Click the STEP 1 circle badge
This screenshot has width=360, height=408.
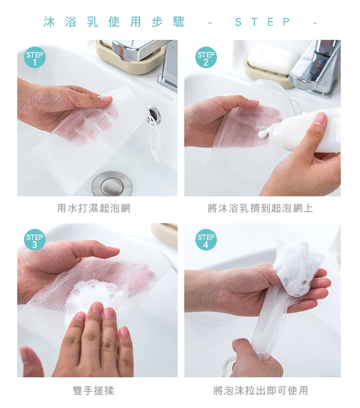35,58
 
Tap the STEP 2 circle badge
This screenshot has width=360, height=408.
206,58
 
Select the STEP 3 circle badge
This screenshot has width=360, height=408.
35,240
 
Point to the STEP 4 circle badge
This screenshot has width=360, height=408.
206,240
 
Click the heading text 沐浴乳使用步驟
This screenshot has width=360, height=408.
114,22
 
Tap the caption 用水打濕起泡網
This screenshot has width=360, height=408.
94,208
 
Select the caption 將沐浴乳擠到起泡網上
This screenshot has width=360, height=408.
260,208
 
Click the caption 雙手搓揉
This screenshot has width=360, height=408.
94,391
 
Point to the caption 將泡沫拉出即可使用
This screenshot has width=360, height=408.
261,391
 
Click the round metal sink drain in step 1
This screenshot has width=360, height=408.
112,184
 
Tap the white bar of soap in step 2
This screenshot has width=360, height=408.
272,59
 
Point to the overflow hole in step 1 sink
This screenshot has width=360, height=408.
154,114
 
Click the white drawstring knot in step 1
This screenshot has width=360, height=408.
156,156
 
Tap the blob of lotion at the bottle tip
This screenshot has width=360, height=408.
263,134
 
